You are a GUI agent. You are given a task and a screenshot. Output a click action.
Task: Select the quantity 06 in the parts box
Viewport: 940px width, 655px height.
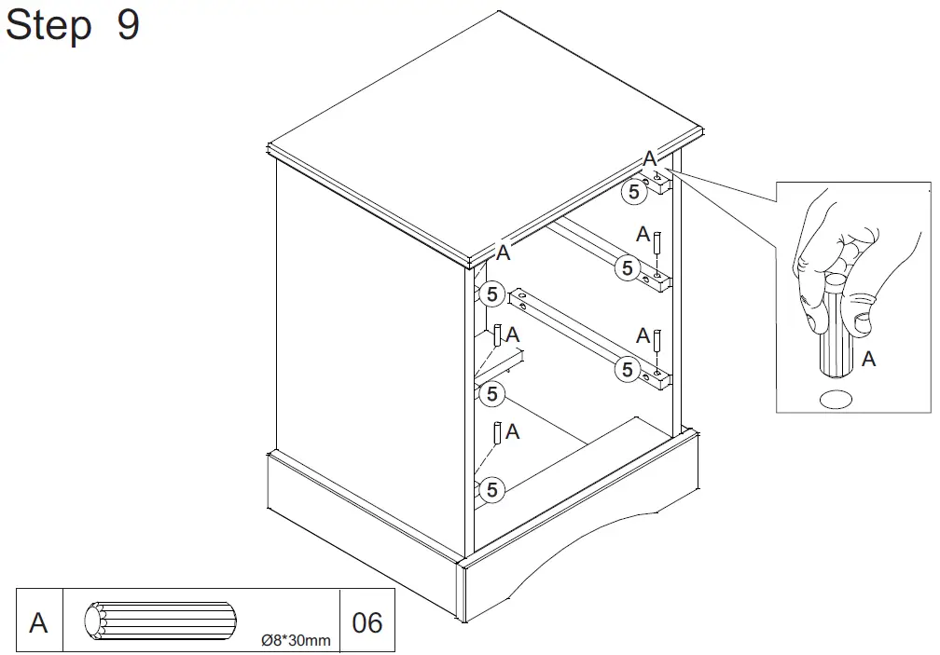click(x=367, y=622)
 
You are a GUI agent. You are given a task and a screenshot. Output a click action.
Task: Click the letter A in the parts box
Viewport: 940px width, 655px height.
click(x=38, y=622)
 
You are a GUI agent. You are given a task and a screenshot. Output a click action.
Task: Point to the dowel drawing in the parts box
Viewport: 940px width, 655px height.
click(x=160, y=621)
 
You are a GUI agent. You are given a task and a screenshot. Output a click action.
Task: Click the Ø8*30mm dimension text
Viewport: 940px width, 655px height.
click(x=296, y=641)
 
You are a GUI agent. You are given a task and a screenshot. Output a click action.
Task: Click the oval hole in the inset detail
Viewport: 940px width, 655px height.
click(x=836, y=400)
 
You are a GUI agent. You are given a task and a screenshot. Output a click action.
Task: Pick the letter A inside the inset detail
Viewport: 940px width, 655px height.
click(x=868, y=359)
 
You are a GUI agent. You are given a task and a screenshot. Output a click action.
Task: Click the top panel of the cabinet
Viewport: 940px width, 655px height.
click(x=485, y=130)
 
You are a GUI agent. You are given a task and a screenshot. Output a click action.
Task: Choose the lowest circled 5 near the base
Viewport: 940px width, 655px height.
click(x=491, y=488)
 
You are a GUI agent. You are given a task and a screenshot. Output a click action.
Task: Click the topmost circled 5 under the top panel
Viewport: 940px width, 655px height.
click(x=633, y=192)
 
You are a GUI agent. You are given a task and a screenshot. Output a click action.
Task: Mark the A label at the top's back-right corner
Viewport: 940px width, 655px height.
click(x=650, y=159)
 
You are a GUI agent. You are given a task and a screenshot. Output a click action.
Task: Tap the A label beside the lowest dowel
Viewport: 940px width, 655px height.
click(x=512, y=431)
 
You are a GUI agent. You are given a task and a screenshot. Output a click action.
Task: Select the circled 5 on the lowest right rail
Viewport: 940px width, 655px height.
click(x=627, y=369)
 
